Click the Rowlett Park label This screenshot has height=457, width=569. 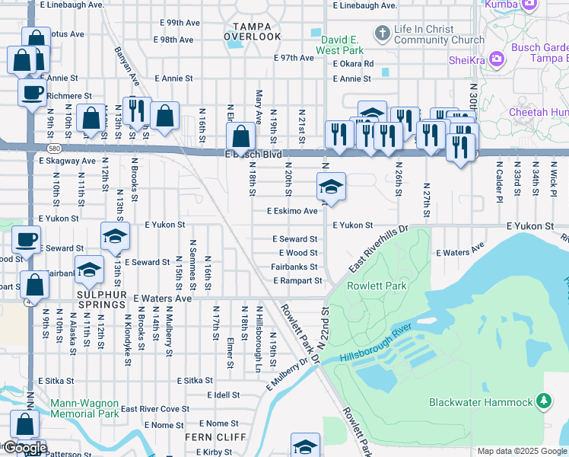click(x=377, y=286)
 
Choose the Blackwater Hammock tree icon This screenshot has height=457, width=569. click(x=543, y=401)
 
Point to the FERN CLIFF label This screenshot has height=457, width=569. click(x=215, y=437)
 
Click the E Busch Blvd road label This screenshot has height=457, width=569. click(x=253, y=155)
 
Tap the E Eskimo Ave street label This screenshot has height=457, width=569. click(x=291, y=211)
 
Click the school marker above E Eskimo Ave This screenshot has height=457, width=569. click(x=331, y=186)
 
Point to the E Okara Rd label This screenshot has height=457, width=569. click(x=353, y=64)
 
